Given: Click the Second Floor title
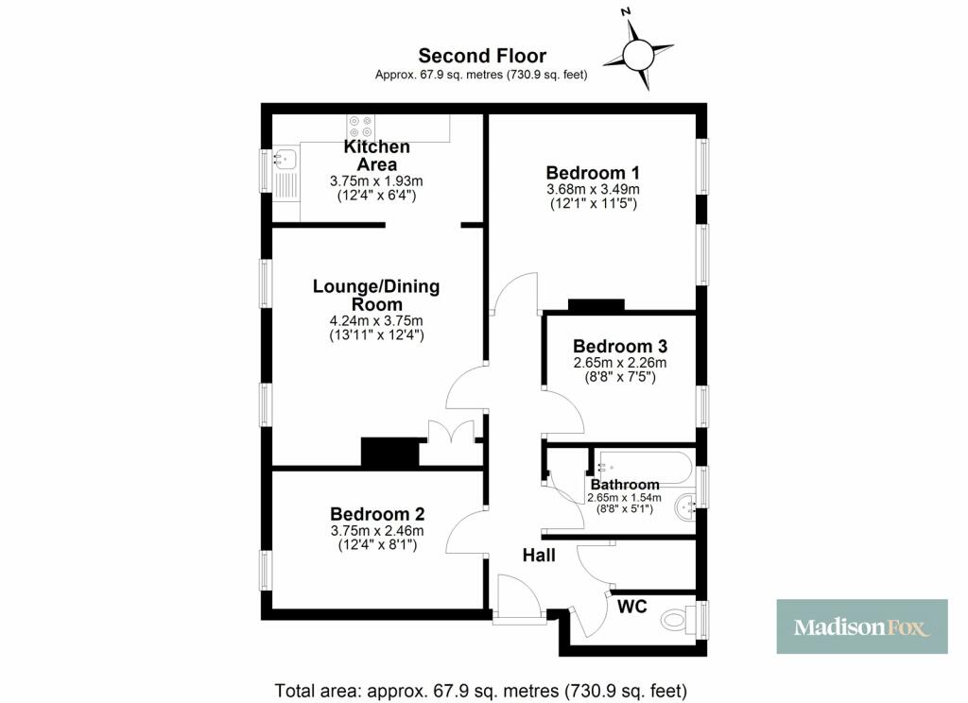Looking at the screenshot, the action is (x=482, y=56).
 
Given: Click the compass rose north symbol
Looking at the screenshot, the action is (x=638, y=53).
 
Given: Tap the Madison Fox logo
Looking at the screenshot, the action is (x=862, y=626).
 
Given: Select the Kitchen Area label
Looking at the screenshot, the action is (x=376, y=156).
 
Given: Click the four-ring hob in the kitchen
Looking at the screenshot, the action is (x=360, y=127).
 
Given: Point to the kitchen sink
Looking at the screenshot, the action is (x=285, y=160).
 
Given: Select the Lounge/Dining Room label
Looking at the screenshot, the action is (x=376, y=295).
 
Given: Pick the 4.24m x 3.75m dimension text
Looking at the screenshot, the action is (x=376, y=321).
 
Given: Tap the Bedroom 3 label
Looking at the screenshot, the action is (x=620, y=346).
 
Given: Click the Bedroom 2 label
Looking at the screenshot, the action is (x=377, y=513).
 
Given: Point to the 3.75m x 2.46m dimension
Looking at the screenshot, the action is (x=377, y=531).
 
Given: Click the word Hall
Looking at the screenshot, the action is (x=539, y=556).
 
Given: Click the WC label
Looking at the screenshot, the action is (x=632, y=607).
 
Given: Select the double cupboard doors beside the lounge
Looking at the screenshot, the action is (x=451, y=433).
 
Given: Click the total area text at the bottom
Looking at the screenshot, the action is (x=480, y=690).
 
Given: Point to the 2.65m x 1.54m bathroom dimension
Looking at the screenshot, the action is (x=624, y=497).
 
